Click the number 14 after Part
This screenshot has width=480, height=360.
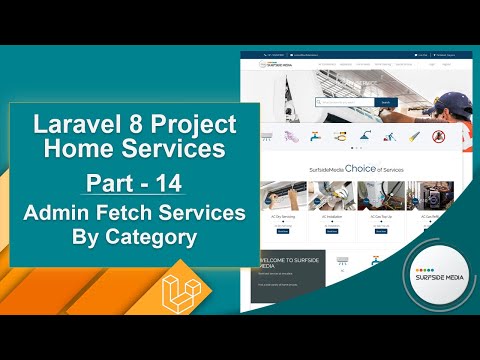point(169,186)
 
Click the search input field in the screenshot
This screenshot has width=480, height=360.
point(344,102)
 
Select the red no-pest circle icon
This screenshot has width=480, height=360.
point(437,136)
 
